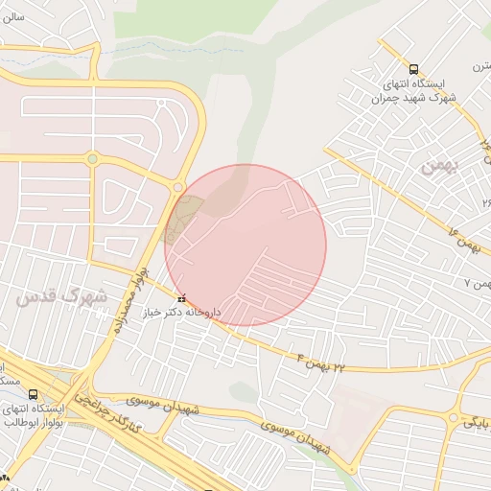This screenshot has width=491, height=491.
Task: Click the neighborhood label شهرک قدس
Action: pyautogui.click(x=60, y=297)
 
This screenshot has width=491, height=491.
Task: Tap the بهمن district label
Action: pyautogui.click(x=441, y=165)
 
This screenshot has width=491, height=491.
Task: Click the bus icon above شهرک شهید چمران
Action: pyautogui.click(x=413, y=69)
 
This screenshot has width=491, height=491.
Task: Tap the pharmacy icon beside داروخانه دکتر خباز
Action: pyautogui.click(x=182, y=296)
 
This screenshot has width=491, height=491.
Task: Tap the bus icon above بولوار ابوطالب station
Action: pyautogui.click(x=34, y=394)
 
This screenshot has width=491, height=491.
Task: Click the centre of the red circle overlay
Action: pyautogui.click(x=245, y=245)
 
